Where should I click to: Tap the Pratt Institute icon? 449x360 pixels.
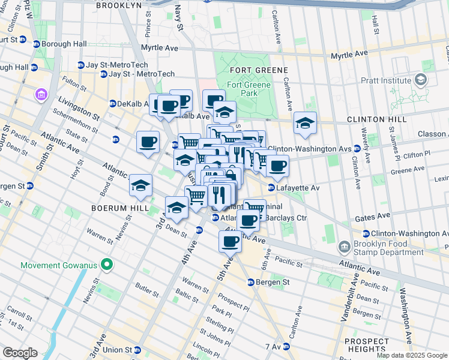coord(421,80)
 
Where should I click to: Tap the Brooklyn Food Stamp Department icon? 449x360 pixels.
coord(344,247)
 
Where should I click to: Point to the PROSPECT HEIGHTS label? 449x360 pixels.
coord(366,344)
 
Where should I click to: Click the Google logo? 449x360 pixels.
coord(20,353)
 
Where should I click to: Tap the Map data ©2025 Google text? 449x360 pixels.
coord(412,355)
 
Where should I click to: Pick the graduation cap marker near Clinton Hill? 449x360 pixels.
coord(305,124)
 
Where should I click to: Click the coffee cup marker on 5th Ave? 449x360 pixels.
coord(229,242)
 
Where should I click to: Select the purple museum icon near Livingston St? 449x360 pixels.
coord(41,94)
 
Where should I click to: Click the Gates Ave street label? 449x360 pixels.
coord(372,215)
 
